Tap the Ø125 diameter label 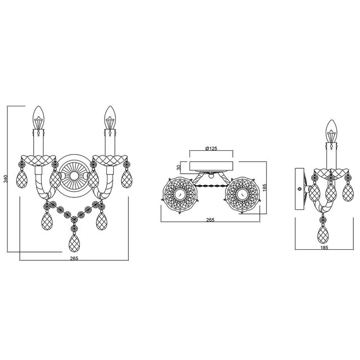click(211, 148)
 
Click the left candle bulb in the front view click(39, 116)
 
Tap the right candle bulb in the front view click(108, 116)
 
